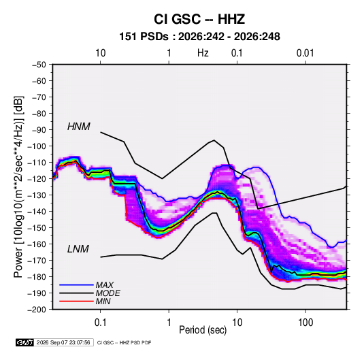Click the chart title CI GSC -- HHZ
(199, 19)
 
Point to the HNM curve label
(79, 127)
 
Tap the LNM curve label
(78, 249)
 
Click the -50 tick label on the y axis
(39, 65)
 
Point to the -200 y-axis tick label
(37, 310)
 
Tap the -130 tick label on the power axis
(37, 195)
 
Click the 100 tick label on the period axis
(305, 323)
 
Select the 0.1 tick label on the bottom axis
(100, 323)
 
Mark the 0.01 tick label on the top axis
(305, 53)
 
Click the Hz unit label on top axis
(203, 53)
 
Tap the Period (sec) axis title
(203, 330)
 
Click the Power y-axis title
(18, 186)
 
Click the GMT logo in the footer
(25, 342)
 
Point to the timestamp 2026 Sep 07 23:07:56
(63, 342)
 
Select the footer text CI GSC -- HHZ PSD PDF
(125, 342)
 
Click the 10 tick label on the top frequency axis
(100, 53)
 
